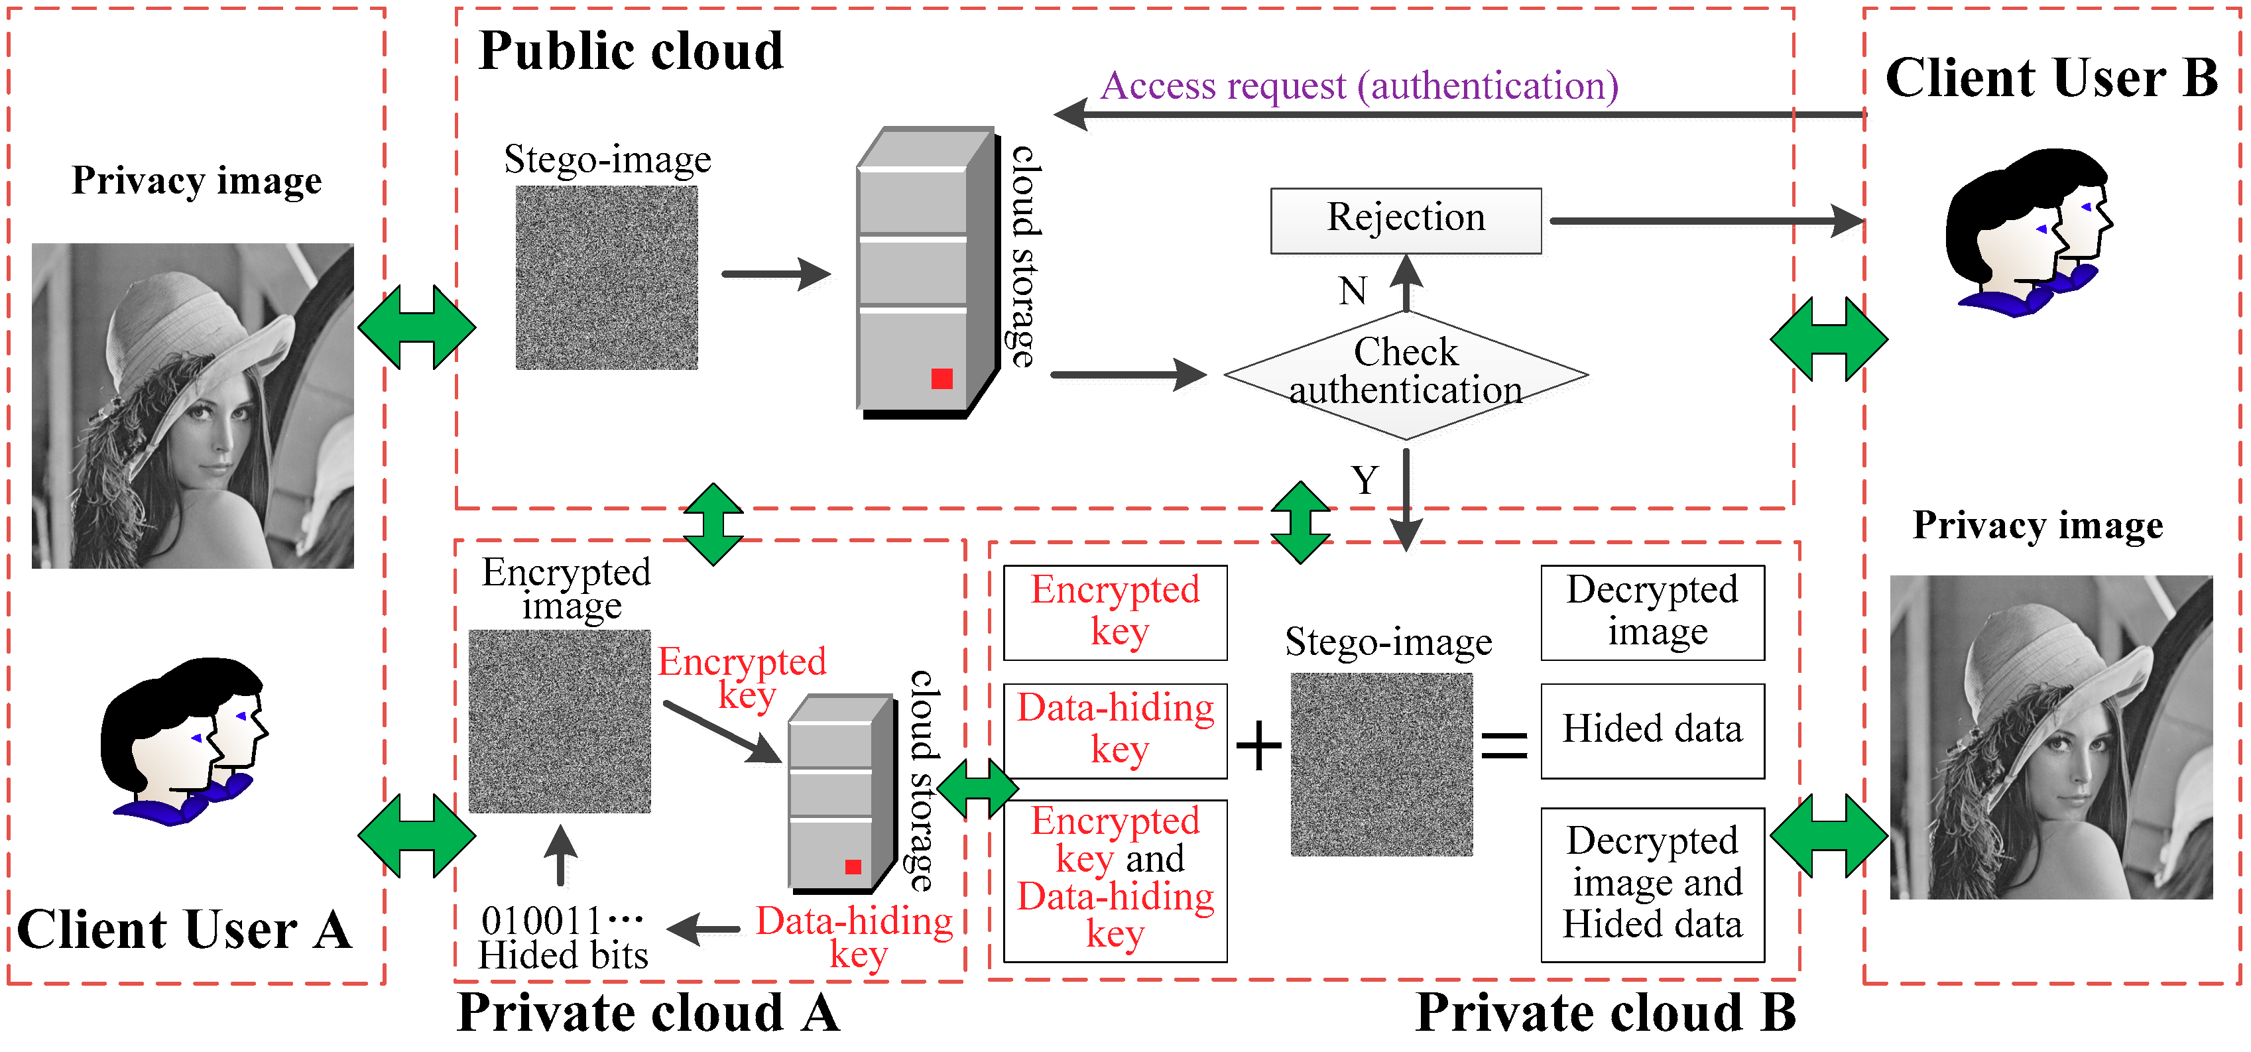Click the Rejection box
tap(1405, 220)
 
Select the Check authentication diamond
tap(1405, 374)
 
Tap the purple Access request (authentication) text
tap(1359, 86)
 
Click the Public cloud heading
tap(631, 50)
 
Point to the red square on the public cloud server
tap(941, 379)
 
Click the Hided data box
tap(1652, 731)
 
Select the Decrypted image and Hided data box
tap(1652, 884)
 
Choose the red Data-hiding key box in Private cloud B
tap(1115, 731)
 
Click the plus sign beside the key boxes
tap(1258, 747)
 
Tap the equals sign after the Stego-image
tap(1504, 747)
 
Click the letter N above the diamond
tap(1353, 291)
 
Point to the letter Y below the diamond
tap(1364, 481)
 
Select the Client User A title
tap(184, 929)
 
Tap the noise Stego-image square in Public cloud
tap(607, 277)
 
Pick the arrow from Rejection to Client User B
tap(1704, 220)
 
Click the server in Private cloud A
tap(841, 793)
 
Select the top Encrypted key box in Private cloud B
tap(1115, 612)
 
